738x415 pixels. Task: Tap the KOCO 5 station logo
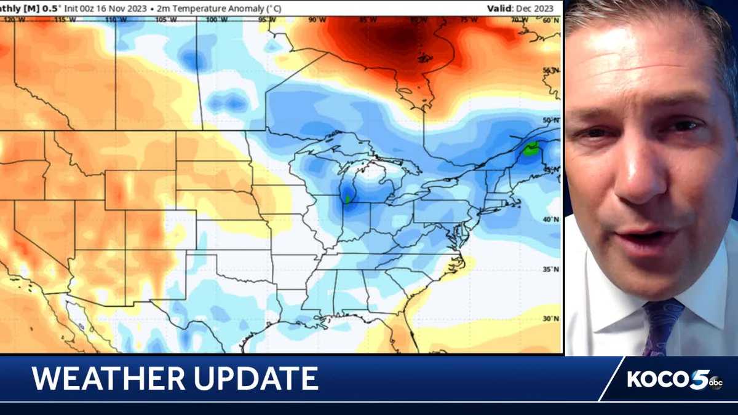[674, 379]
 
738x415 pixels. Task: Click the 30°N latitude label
[551, 318]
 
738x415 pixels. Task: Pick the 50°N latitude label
[551, 120]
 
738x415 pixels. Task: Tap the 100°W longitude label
[213, 20]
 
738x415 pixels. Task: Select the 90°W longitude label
[317, 20]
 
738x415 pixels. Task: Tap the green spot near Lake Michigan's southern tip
[347, 199]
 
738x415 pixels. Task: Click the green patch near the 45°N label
[531, 148]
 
